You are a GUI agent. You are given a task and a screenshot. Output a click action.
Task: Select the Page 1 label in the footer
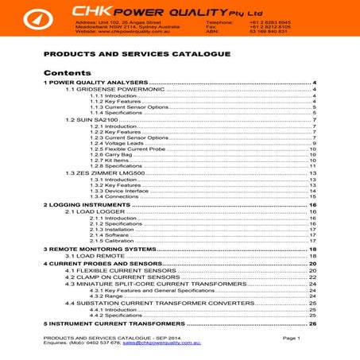pos(290,338)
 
